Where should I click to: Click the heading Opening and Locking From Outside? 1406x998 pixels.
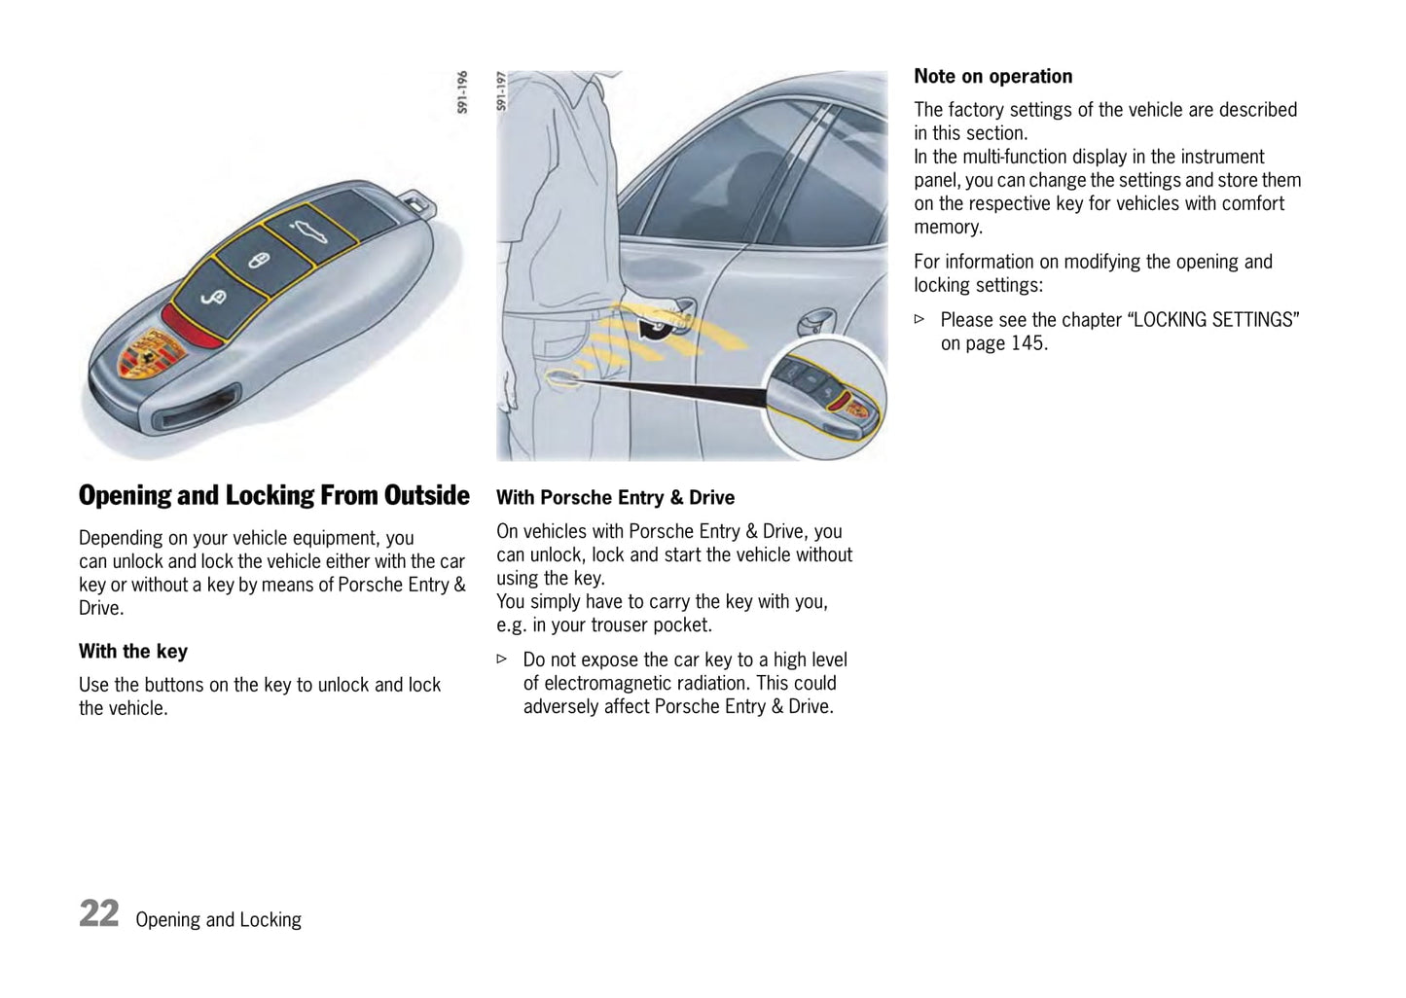[x=273, y=496]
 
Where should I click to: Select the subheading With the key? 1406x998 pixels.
[x=133, y=652]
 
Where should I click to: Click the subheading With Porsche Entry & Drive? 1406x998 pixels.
[x=615, y=498]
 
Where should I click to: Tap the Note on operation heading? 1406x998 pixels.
[x=992, y=77]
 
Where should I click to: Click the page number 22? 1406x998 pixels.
[x=99, y=914]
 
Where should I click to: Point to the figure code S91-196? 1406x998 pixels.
[x=463, y=92]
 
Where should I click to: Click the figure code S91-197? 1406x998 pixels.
[x=502, y=91]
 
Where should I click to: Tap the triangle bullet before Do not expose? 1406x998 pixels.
[x=502, y=659]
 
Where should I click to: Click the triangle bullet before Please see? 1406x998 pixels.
[x=919, y=319]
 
